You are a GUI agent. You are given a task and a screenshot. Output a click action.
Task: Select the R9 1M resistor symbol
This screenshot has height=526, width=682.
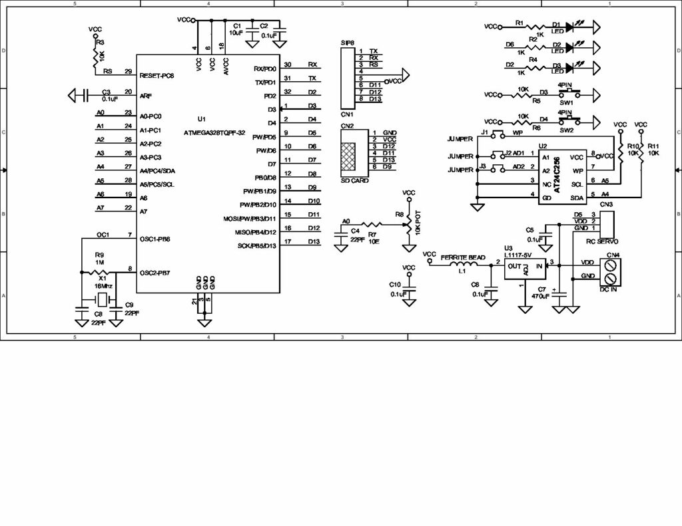(99, 271)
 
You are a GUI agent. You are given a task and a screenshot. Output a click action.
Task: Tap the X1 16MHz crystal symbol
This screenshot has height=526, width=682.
(100, 296)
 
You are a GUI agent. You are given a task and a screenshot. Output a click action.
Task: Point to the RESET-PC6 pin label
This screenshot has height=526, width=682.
(157, 76)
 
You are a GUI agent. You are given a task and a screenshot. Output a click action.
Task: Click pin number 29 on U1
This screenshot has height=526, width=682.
(127, 71)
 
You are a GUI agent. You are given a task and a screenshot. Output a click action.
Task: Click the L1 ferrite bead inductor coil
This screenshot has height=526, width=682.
(464, 264)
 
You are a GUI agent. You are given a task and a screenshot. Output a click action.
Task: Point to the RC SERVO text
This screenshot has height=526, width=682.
(603, 241)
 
